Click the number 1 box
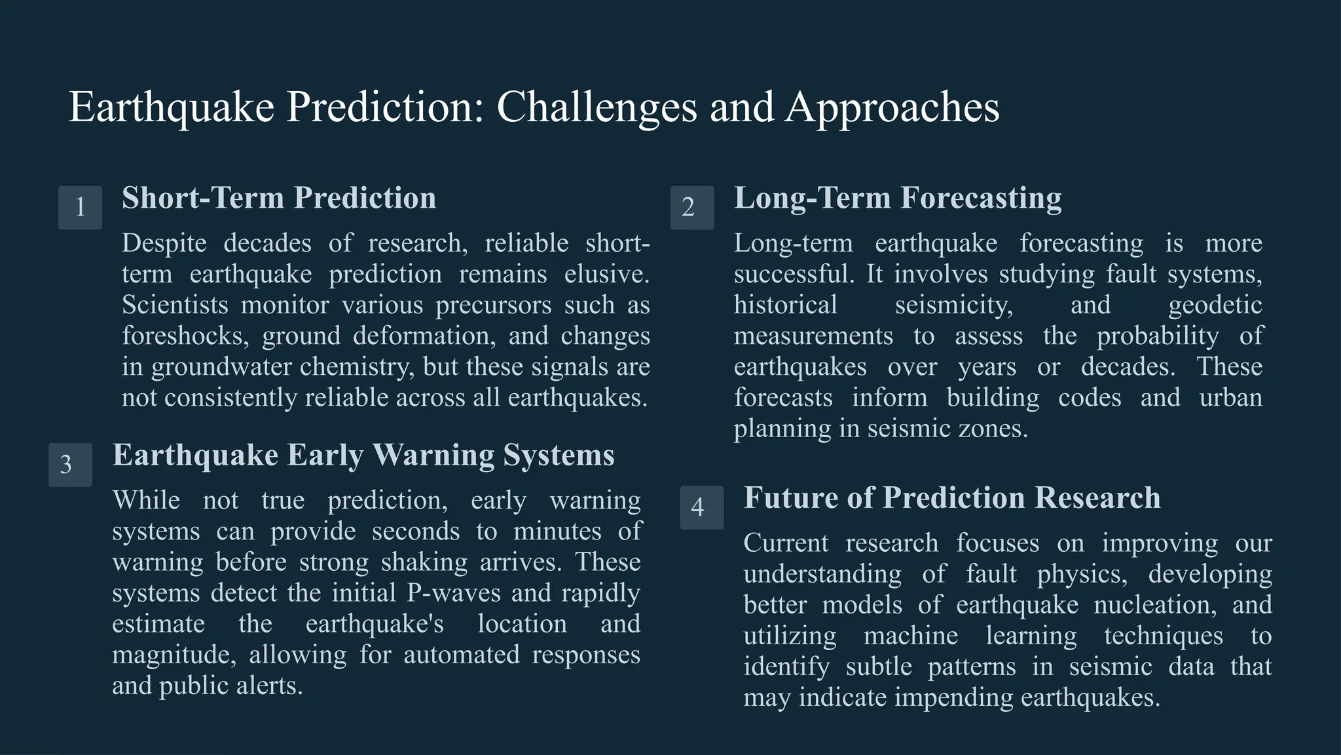click(x=80, y=208)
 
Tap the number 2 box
click(x=692, y=208)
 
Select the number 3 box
click(x=70, y=465)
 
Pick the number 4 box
click(x=702, y=507)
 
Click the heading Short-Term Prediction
click(x=279, y=198)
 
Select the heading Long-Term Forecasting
click(x=898, y=198)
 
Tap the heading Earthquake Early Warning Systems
click(x=363, y=455)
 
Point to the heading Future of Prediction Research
click(x=952, y=497)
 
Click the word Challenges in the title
click(x=597, y=107)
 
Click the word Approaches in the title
click(x=892, y=107)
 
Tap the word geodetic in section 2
click(x=1215, y=305)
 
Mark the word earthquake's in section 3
click(x=375, y=623)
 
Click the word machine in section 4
click(x=910, y=635)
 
